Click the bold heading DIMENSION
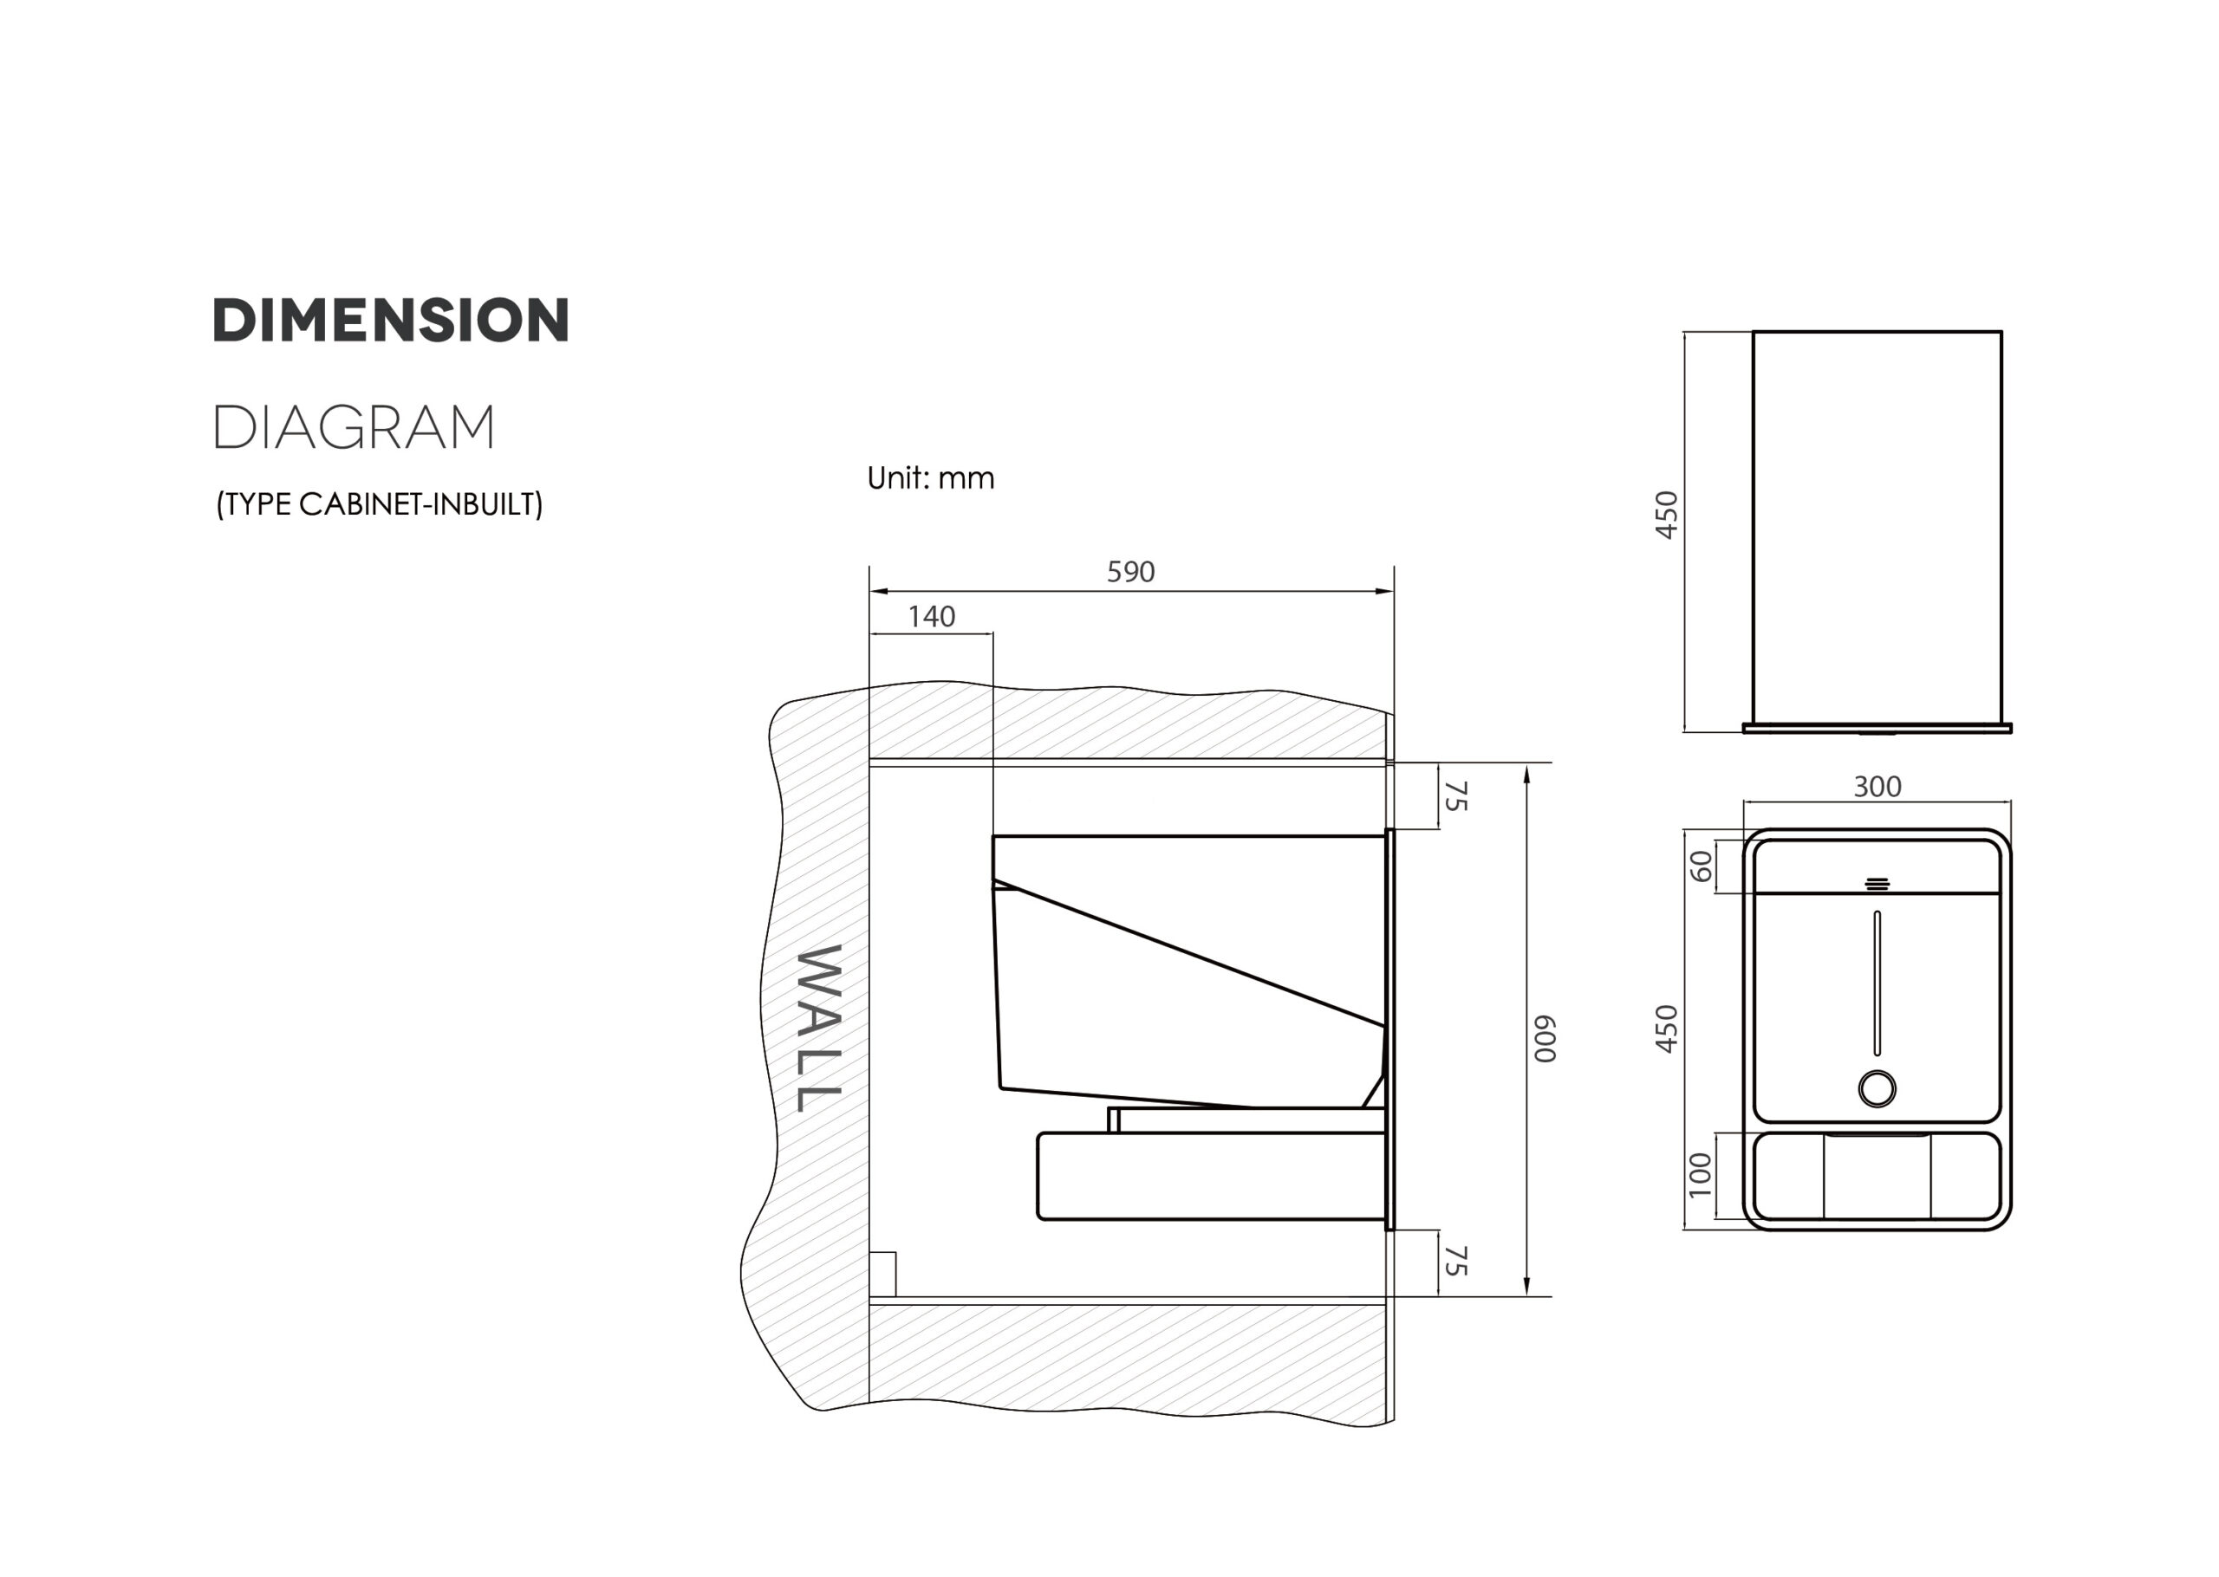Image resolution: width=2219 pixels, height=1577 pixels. click(x=390, y=321)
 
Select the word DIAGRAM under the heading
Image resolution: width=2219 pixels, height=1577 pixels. click(x=354, y=427)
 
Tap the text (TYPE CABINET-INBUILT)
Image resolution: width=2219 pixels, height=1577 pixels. click(x=380, y=504)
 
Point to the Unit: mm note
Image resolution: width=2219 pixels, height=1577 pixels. click(x=930, y=477)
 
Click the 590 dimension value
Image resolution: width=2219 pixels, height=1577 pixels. click(x=1131, y=572)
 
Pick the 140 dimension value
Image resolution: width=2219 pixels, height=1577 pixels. click(x=931, y=617)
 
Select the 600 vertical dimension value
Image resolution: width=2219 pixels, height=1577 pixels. click(x=1545, y=1039)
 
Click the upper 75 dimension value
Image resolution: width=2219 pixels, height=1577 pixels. click(x=1455, y=795)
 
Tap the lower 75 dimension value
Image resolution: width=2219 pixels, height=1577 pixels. click(x=1455, y=1261)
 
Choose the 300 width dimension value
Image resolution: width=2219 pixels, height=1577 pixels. click(x=1877, y=787)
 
